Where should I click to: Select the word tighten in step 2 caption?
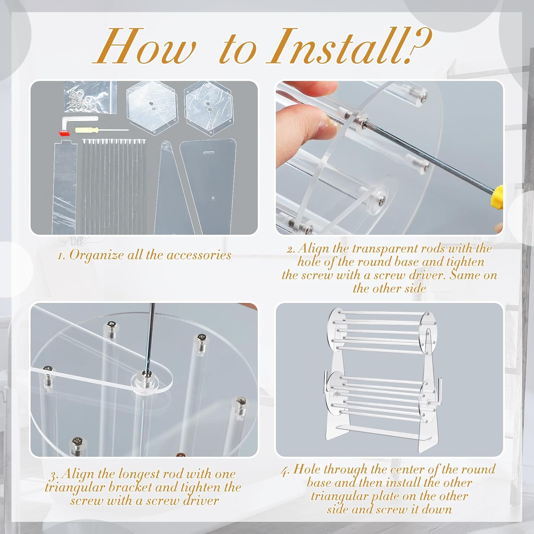tap(465, 262)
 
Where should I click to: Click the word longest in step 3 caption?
tap(139, 475)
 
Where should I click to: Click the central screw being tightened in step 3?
tap(145, 373)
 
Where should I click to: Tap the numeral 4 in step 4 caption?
tap(285, 471)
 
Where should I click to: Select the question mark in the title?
tap(420, 46)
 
